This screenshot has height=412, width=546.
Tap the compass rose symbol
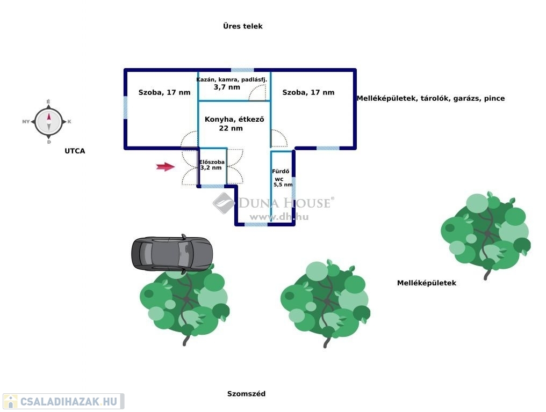(x=48, y=122)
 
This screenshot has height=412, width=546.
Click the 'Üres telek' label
(x=243, y=26)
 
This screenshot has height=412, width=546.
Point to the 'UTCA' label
(x=75, y=151)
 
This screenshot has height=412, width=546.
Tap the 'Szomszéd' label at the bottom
(x=246, y=394)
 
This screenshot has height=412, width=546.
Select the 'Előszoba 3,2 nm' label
(x=212, y=165)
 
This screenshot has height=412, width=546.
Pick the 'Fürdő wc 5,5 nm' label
(x=282, y=178)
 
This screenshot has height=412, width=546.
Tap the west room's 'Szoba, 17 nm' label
(x=164, y=92)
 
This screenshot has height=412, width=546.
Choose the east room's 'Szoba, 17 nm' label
(x=308, y=92)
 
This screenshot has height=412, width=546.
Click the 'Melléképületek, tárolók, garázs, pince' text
(x=430, y=98)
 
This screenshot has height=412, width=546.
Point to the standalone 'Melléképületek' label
(x=426, y=283)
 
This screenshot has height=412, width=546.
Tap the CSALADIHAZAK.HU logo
(x=63, y=401)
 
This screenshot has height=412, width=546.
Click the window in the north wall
(x=242, y=70)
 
